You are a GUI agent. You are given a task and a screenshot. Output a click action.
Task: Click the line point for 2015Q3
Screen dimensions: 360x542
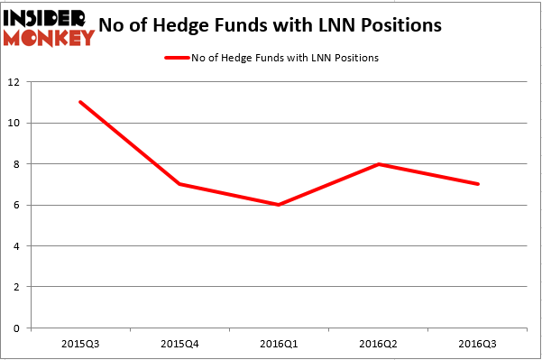pyautogui.click(x=80, y=102)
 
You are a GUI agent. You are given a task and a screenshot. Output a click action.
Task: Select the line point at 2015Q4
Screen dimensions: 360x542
pyautogui.click(x=180, y=184)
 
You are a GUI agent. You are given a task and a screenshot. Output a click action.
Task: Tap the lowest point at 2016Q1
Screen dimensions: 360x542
pyautogui.click(x=280, y=205)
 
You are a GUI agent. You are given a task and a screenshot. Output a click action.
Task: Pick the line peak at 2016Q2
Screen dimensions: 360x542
pyautogui.click(x=379, y=163)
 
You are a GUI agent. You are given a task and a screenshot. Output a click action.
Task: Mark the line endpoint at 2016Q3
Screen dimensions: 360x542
pyautogui.click(x=478, y=184)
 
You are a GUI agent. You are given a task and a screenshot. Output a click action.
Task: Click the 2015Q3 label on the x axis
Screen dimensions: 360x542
pyautogui.click(x=80, y=343)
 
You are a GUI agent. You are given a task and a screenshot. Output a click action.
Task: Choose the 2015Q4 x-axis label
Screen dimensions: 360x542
pyautogui.click(x=180, y=343)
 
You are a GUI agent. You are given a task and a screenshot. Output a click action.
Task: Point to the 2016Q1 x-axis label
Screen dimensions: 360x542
pyautogui.click(x=280, y=343)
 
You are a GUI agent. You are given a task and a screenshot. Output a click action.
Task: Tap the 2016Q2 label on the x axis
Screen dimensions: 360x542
pyautogui.click(x=379, y=343)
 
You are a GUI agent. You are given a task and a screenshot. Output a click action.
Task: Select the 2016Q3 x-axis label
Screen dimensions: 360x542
pyautogui.click(x=478, y=343)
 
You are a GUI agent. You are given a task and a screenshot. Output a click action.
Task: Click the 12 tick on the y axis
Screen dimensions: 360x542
pyautogui.click(x=14, y=82)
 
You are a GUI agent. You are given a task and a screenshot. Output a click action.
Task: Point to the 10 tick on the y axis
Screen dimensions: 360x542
pyautogui.click(x=14, y=123)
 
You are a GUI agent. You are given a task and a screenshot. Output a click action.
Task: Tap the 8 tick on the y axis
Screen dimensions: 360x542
pyautogui.click(x=17, y=164)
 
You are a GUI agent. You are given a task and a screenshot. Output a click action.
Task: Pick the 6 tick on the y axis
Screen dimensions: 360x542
pyautogui.click(x=17, y=205)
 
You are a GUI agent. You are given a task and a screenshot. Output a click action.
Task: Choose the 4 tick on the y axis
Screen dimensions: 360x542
pyautogui.click(x=17, y=245)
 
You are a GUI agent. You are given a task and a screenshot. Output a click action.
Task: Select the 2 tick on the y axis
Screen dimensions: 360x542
pyautogui.click(x=17, y=287)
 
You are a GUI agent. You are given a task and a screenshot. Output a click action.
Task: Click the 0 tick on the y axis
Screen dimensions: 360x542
pyautogui.click(x=17, y=328)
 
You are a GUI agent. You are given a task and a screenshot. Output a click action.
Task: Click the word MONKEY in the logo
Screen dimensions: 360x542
pyautogui.click(x=50, y=38)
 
